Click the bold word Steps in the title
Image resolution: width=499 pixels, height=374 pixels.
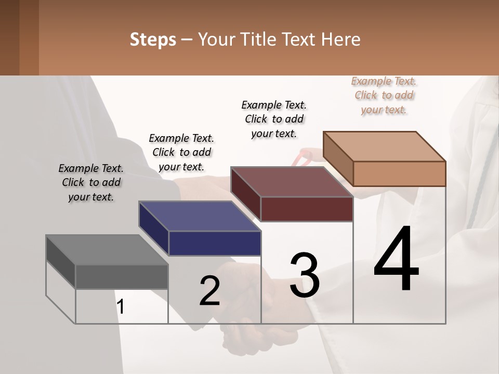click(153, 39)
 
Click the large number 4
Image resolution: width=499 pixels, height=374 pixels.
click(396, 259)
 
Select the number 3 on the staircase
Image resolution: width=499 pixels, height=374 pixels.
click(305, 275)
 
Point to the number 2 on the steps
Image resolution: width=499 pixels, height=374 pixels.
click(209, 291)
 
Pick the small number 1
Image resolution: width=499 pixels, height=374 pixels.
click(121, 306)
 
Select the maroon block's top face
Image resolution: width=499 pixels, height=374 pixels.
click(291, 182)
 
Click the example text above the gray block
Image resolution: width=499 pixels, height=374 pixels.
click(91, 182)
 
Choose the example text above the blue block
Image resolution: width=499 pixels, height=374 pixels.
click(181, 152)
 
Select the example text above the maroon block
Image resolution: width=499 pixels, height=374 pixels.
click(274, 119)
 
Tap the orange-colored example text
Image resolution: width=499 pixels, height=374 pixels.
click(384, 95)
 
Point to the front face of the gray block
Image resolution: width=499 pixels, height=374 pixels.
click(122, 277)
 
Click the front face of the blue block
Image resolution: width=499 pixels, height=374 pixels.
click(214, 243)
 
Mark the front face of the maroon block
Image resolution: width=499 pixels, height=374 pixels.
click(306, 209)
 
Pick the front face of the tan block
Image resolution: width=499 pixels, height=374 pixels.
click(399, 173)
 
